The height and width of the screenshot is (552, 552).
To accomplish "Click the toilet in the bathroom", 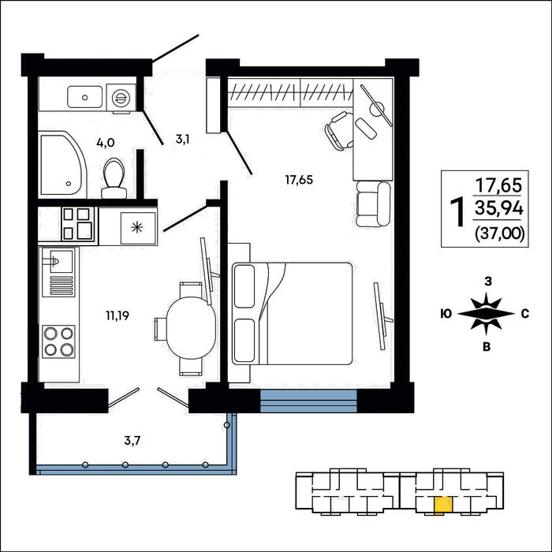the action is click(x=114, y=178).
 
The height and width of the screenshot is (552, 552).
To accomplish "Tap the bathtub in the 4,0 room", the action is click(x=62, y=164).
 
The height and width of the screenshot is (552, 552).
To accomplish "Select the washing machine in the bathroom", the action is click(x=121, y=97).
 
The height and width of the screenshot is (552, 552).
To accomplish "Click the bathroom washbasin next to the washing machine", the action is click(x=85, y=97).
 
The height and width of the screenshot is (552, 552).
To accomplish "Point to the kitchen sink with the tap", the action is click(x=58, y=271).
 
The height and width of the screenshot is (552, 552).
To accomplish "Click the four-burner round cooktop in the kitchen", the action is click(x=58, y=341).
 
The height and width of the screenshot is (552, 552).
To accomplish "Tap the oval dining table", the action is click(x=191, y=328).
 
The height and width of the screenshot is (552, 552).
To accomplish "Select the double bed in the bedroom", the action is click(x=293, y=313).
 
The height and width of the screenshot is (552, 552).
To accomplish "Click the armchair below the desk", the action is click(x=373, y=204).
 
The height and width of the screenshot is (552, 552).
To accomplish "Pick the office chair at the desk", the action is click(x=339, y=131).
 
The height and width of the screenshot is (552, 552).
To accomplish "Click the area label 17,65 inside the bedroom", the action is click(x=299, y=180).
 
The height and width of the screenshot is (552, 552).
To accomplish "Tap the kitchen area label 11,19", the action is click(x=117, y=315).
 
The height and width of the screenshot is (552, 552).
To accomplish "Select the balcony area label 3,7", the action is click(x=132, y=440).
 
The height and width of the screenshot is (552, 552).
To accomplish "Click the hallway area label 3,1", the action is click(x=183, y=140).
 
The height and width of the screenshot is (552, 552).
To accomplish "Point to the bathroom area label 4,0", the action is click(x=105, y=143).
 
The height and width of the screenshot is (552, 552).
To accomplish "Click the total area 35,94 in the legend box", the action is click(x=499, y=208).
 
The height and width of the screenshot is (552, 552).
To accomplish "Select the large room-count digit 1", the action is click(x=457, y=211).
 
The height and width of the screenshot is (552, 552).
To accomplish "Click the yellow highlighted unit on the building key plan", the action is click(x=443, y=505).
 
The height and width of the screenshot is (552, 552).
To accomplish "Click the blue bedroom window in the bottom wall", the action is click(x=308, y=401).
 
